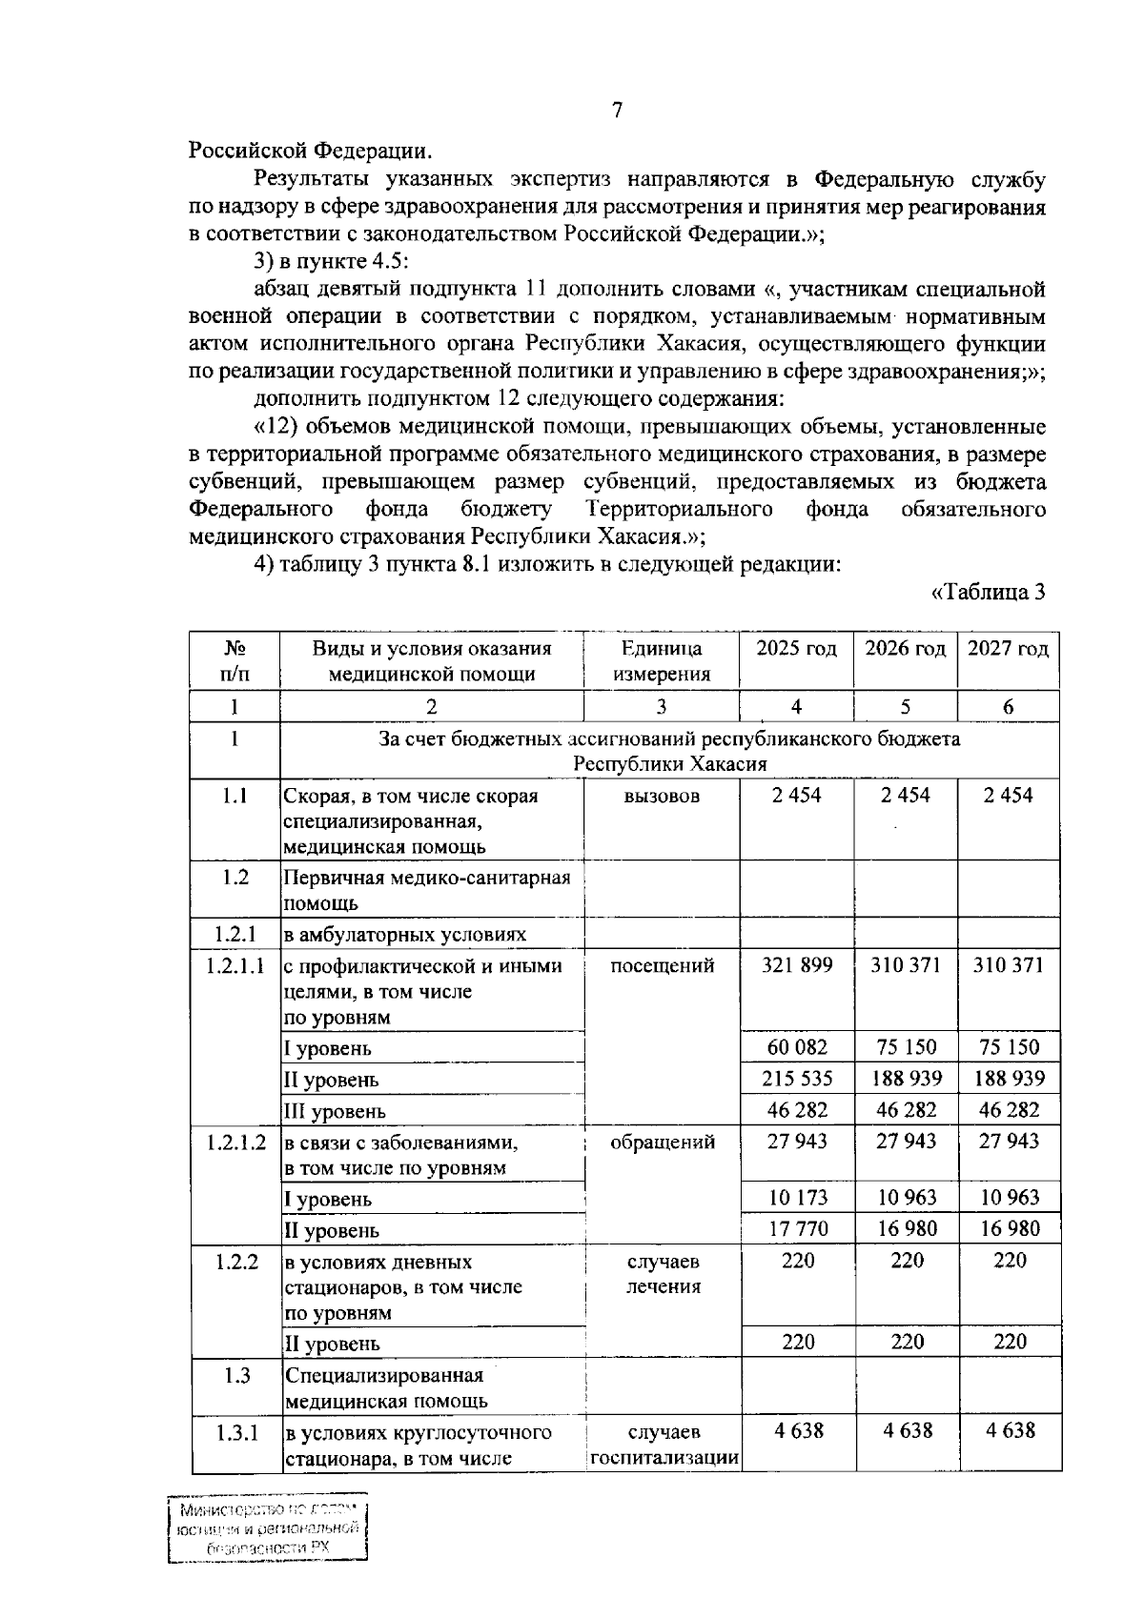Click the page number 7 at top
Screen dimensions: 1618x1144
tap(617, 111)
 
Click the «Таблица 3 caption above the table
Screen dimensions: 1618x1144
tap(988, 593)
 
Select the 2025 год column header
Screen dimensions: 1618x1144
tap(796, 650)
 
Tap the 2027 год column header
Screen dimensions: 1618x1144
tap(1008, 650)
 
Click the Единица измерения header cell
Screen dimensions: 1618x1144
tap(662, 661)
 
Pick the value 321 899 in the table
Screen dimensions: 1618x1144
tap(797, 965)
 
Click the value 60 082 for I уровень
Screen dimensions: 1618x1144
tap(797, 1047)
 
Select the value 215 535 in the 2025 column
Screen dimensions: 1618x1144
tap(797, 1079)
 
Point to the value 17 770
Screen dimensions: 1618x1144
tap(797, 1229)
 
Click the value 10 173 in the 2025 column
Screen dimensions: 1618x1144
tap(797, 1198)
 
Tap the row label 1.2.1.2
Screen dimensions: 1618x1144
tap(235, 1142)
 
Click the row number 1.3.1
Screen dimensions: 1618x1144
tap(235, 1432)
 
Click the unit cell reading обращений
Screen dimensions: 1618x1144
tap(662, 1142)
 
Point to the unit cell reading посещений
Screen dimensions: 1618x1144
tap(662, 966)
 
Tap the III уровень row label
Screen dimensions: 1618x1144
tap(335, 1111)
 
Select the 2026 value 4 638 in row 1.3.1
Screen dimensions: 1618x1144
tap(906, 1431)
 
